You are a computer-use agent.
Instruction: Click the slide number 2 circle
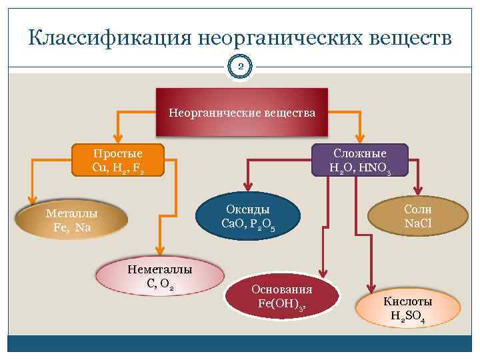[241, 67]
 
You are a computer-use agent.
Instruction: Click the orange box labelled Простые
[117, 160]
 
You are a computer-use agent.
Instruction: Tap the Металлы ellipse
[72, 221]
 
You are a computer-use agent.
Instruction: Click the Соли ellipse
[417, 216]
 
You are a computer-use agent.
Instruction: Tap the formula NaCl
[417, 224]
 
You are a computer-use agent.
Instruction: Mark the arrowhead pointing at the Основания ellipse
[323, 273]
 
